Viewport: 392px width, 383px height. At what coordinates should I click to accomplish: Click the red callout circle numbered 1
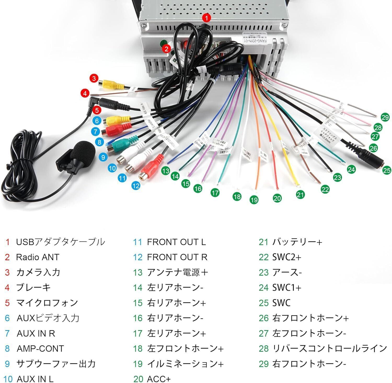206,18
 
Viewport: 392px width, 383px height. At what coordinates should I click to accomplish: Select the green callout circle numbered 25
387,171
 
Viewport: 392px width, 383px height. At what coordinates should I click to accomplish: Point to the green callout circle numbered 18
237,196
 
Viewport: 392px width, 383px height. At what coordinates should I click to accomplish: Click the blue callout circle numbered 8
99,142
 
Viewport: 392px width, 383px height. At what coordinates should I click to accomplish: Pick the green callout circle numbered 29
385,117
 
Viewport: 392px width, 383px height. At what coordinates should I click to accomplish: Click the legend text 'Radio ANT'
38,257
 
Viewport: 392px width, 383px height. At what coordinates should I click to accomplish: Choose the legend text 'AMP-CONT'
40,348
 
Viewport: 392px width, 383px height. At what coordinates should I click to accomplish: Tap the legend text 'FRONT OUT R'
177,257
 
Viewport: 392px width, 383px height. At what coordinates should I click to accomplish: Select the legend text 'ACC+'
159,379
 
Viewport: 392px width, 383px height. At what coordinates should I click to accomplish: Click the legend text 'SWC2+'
287,257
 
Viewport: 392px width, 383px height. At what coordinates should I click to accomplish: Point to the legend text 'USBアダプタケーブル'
60,242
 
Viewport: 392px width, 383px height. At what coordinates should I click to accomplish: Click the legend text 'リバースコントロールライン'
329,348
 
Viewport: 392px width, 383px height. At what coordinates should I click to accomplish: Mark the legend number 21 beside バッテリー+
263,242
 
